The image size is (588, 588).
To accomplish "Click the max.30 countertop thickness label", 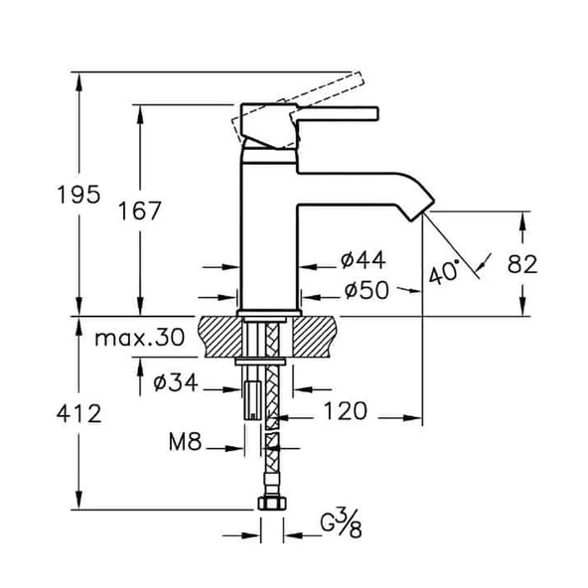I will (x=140, y=339).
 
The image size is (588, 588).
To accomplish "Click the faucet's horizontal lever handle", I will (x=338, y=112).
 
